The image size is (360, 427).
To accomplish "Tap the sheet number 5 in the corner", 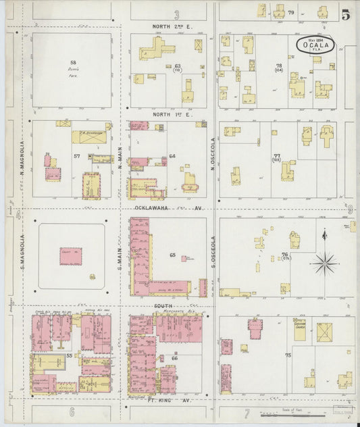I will click(x=345, y=14).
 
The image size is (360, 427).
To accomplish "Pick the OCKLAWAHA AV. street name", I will click(x=168, y=208).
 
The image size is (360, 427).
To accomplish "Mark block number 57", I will click(x=77, y=156).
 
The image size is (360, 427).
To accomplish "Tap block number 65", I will click(x=173, y=255).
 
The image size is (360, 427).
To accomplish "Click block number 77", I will click(x=277, y=157).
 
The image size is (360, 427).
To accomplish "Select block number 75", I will click(x=288, y=355).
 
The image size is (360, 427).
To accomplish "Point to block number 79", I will click(x=291, y=13).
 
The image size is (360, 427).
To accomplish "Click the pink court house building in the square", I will click(x=70, y=255).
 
